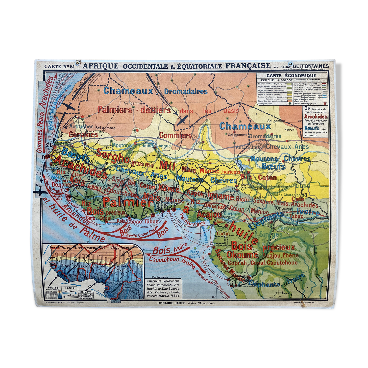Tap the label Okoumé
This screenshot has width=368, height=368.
click(242, 255)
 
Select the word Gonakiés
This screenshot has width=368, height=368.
click(83, 134)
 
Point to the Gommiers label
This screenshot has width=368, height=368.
click(175, 136)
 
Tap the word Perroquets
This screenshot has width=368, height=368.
click(290, 228)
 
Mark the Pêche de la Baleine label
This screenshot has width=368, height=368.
click(194, 254)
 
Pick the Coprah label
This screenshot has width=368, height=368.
click(237, 263)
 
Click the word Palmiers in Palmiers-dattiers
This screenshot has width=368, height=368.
click(115, 110)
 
